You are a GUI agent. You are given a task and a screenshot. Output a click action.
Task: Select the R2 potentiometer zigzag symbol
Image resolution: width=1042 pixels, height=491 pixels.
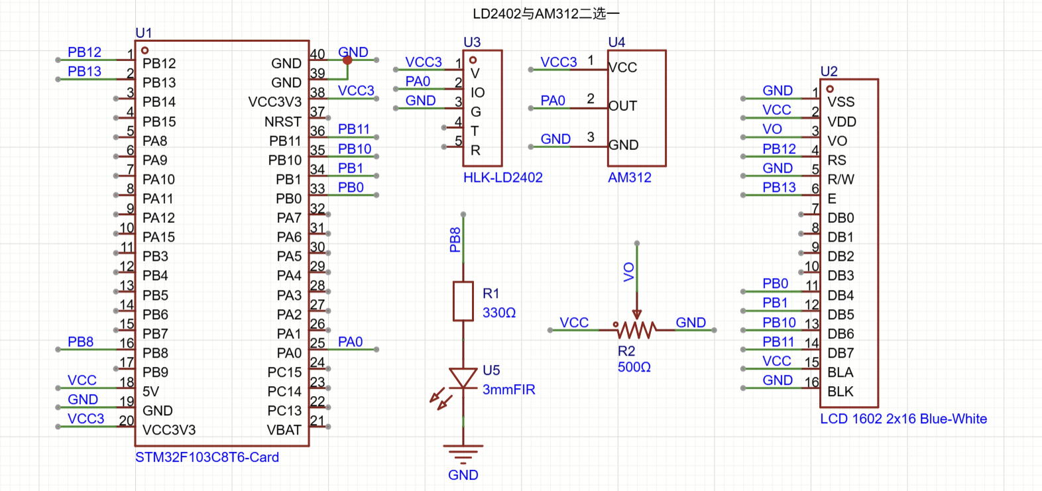[x=636, y=330]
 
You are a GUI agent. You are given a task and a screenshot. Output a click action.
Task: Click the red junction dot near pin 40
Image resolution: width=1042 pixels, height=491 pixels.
[x=347, y=60]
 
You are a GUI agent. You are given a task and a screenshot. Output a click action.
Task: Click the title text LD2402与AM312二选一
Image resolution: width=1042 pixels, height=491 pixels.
[x=546, y=14]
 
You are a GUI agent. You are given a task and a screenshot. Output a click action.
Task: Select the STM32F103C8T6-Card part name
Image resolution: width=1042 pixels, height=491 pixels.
[x=207, y=457]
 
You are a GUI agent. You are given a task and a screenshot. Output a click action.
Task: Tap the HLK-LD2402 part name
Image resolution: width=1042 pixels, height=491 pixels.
[x=503, y=177]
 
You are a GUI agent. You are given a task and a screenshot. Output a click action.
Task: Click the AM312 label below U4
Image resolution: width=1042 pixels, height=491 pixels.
[x=630, y=177]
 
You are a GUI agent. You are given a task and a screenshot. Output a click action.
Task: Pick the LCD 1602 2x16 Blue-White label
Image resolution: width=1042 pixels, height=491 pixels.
[x=903, y=419]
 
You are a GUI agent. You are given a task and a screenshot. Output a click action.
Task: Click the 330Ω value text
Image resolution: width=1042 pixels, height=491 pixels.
[x=499, y=313]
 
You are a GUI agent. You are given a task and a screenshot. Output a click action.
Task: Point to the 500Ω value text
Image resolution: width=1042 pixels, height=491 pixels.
[x=634, y=367]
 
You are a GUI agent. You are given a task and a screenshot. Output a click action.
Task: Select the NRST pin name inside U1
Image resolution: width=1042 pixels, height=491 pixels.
[x=283, y=121]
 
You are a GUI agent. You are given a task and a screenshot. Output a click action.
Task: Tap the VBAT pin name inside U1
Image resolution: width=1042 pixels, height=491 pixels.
[x=284, y=430]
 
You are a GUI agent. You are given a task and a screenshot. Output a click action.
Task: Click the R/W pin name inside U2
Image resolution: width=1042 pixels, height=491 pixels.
[x=840, y=179]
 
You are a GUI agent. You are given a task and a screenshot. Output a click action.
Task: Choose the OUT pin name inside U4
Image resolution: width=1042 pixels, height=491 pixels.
[x=623, y=106]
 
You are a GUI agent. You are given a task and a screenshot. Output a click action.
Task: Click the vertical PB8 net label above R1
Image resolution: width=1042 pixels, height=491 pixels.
[x=455, y=240]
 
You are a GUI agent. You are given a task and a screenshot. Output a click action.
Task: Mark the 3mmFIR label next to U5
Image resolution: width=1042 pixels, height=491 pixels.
[x=509, y=389]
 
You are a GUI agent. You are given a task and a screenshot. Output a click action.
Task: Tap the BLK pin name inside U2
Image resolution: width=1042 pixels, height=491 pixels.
[x=840, y=391]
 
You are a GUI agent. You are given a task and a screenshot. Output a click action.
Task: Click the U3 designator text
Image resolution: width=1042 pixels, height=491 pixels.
[x=472, y=42]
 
